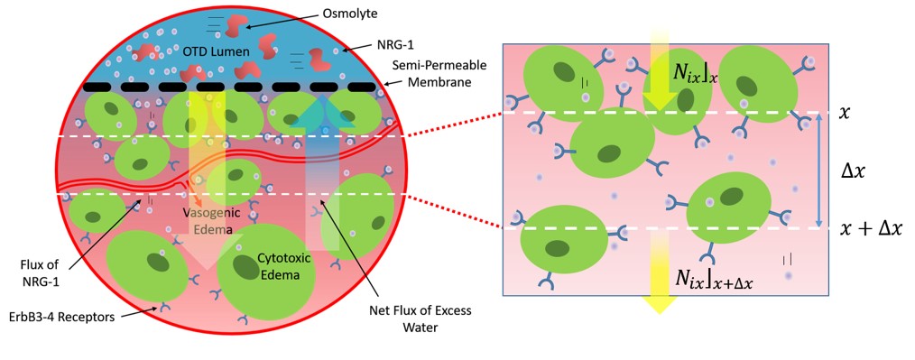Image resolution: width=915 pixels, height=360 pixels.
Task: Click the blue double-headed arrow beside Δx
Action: point(818,171)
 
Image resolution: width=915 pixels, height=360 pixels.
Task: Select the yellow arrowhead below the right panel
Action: point(659,301)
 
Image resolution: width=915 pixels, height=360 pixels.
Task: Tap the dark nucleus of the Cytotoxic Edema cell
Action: point(247,267)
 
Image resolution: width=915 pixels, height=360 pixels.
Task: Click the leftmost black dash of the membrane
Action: point(97,87)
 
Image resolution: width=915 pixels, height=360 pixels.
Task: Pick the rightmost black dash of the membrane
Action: point(361,87)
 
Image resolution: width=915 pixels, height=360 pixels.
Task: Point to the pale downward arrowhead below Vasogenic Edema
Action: point(207,252)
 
